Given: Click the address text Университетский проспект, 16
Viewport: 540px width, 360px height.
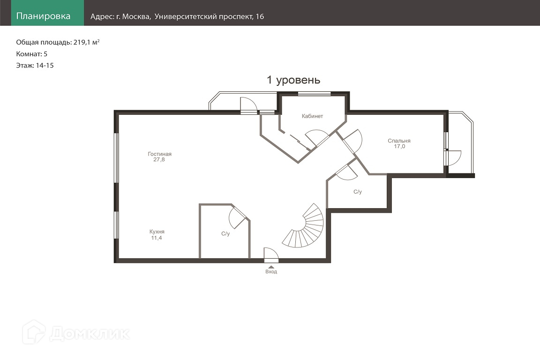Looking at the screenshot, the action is tap(210, 16).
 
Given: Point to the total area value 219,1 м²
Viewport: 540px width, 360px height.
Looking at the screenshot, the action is tap(86, 42).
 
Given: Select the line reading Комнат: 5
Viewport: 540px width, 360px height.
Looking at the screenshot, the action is tap(32, 54).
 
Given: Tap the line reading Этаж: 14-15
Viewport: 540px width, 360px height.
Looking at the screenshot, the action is tap(35, 66).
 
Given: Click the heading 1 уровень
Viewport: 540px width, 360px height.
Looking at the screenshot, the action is tap(293, 80).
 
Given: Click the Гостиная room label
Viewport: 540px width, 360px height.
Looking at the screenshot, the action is tap(159, 154).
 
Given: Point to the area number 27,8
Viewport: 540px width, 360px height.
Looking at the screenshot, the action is tap(159, 160).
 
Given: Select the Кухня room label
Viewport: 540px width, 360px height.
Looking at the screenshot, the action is tap(157, 232).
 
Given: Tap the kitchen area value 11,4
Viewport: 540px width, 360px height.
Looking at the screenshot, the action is tap(157, 238).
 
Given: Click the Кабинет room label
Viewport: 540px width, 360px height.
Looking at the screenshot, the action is tap(312, 116).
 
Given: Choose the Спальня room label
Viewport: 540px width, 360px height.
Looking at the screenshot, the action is tap(399, 141).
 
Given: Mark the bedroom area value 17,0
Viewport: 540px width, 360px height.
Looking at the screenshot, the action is tap(399, 146).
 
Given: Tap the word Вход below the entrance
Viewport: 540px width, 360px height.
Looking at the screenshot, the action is tap(271, 271).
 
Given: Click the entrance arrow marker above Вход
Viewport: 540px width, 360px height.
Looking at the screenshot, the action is tap(271, 267).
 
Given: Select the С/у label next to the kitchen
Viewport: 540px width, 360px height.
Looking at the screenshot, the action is tap(225, 233).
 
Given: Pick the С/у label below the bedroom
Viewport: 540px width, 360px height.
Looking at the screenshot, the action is tap(358, 192).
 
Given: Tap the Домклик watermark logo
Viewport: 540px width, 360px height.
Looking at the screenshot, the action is tap(76, 333).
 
